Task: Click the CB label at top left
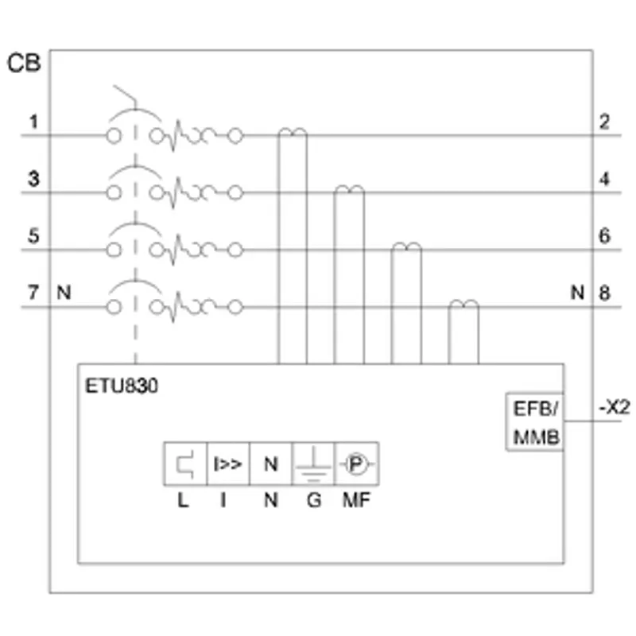(x=24, y=64)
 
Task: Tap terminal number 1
(x=33, y=122)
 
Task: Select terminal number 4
(x=604, y=179)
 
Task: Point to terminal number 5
(x=33, y=235)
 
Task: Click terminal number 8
(x=604, y=293)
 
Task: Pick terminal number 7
(x=33, y=293)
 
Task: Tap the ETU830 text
(x=122, y=386)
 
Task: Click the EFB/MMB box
(x=534, y=421)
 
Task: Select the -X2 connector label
(x=615, y=407)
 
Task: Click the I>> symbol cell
(x=228, y=464)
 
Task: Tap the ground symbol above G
(x=313, y=465)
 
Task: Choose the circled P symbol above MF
(x=355, y=464)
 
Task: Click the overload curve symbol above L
(x=185, y=464)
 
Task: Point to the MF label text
(x=356, y=500)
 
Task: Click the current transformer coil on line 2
(x=293, y=132)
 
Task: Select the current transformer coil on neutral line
(x=463, y=304)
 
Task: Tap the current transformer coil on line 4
(x=349, y=189)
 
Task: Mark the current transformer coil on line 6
(x=406, y=246)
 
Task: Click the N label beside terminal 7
(x=64, y=293)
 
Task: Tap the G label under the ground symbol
(x=314, y=500)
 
